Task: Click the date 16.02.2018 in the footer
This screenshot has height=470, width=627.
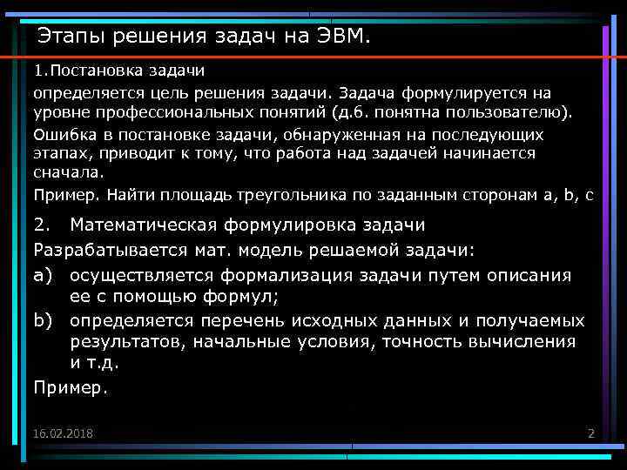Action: [64, 433]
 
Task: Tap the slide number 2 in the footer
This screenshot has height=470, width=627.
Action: [590, 433]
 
